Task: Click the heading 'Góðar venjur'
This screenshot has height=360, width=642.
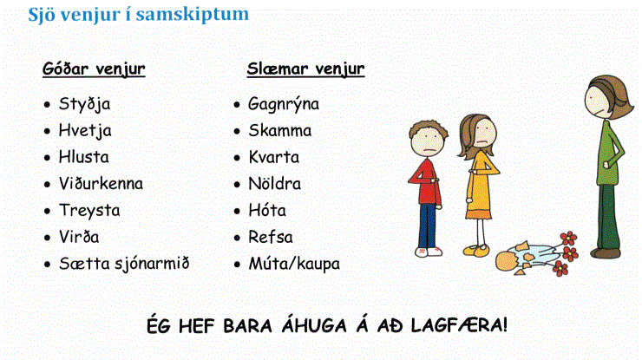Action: [x=94, y=69]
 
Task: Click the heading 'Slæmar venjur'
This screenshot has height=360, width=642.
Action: [x=305, y=69]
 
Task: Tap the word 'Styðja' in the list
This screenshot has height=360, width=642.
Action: [x=84, y=104]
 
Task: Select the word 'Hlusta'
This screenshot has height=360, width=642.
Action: [x=83, y=157]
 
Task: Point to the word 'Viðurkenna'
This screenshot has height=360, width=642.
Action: [x=101, y=184]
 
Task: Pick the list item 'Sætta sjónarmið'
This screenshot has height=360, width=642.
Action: [x=124, y=264]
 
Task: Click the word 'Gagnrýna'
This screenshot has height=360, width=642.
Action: [x=284, y=104]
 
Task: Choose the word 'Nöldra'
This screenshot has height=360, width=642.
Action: [x=274, y=184]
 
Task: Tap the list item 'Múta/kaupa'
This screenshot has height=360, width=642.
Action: [x=294, y=264]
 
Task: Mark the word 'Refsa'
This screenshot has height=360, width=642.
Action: [x=270, y=237]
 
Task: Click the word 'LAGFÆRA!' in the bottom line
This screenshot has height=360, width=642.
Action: [x=459, y=325]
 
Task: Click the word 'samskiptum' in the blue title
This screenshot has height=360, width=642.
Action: [x=193, y=14]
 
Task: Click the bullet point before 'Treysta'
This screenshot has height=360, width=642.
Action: [x=47, y=211]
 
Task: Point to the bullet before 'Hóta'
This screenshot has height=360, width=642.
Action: [x=237, y=211]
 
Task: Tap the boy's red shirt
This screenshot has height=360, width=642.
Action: [x=426, y=182]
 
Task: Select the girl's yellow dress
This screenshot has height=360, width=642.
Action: [x=480, y=187]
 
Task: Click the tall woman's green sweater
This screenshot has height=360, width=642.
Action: [x=608, y=154]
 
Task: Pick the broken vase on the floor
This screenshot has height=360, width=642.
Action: [x=522, y=259]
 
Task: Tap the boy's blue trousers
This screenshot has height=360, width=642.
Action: [x=427, y=226]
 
